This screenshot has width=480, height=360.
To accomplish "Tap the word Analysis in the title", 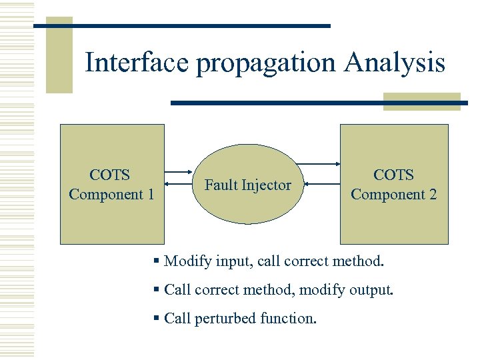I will tap(395, 63).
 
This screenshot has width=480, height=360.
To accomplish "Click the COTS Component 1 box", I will tap(112, 185).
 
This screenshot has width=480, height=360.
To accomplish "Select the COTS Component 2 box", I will tap(394, 185).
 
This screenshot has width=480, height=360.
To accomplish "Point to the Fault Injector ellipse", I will tap(247, 185).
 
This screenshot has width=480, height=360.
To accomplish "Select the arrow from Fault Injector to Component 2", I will tap(318, 164).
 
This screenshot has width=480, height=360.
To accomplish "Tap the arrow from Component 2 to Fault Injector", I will tap(318, 183).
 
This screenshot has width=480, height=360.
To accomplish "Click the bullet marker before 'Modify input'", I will tap(156, 261).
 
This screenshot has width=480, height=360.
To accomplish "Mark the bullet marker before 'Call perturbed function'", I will tap(156, 319).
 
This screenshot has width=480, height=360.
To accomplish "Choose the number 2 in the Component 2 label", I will tap(432, 195).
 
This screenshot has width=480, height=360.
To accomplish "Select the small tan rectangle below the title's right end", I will tap(421, 101).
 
